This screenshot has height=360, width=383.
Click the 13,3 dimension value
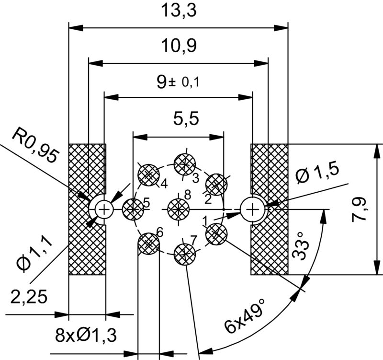coord(178,12)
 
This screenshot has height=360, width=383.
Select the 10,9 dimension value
coord(178,46)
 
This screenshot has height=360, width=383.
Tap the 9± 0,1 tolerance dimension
coord(178,82)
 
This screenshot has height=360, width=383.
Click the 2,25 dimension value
coord(28,298)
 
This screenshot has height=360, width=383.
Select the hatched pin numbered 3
coord(184,164)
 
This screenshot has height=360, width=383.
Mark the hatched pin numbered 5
coord(133,209)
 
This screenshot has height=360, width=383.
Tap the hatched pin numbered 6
coord(148,243)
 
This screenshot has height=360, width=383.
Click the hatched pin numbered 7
coord(184,253)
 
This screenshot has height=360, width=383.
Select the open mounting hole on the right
coord(252,209)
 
